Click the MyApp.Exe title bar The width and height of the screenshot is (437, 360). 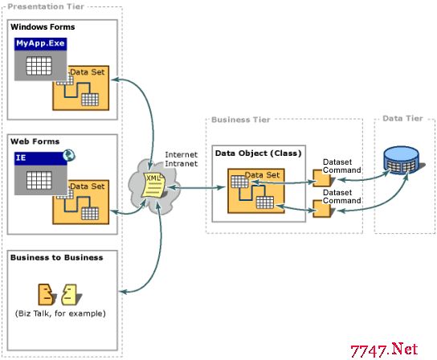pos(40,43)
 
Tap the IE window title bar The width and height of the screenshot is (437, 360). pos(40,158)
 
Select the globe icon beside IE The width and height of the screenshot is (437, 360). pos(68,155)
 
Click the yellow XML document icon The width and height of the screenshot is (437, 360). pos(153,185)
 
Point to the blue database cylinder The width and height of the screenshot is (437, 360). pos(402,161)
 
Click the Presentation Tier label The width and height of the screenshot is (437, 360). pos(46,6)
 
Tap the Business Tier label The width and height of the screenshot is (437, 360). pos(241,120)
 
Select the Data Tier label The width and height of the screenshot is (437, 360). pos(402,118)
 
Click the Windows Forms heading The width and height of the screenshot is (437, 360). pos(43,27)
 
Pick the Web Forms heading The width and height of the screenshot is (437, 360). pos(35,141)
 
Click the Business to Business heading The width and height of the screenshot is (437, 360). pos(56,257)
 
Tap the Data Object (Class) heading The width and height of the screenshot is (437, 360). pos(259,153)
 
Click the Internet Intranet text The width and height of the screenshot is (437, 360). pos(182,159)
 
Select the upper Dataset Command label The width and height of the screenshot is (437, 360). pos(342,166)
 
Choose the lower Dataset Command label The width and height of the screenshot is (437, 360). pos(342,197)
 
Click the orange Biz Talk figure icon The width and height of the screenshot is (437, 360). pos(47,294)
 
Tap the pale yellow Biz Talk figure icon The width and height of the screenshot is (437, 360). pos(70,294)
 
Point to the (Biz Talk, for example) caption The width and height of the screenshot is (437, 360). pos(60,313)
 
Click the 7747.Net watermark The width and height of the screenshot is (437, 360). pos(384,350)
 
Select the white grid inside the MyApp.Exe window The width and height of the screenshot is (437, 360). pos(39,66)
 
